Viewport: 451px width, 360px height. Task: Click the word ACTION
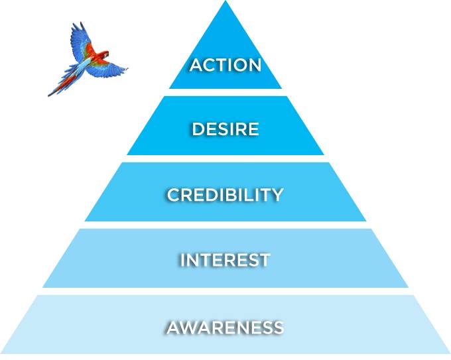[x=225, y=65]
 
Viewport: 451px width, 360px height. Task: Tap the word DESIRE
[x=225, y=129]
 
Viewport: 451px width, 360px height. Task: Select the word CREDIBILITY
[x=225, y=195]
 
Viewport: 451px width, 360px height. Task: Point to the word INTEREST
[x=225, y=260]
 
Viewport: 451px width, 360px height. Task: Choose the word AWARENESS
[x=225, y=327]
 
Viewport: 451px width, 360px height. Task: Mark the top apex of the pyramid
[x=225, y=3]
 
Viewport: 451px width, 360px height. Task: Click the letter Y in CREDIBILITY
[x=277, y=195]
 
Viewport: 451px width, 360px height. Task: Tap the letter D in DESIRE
[x=198, y=129]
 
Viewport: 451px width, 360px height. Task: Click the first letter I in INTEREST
[x=183, y=260]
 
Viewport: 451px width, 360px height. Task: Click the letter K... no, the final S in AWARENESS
[x=278, y=327]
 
